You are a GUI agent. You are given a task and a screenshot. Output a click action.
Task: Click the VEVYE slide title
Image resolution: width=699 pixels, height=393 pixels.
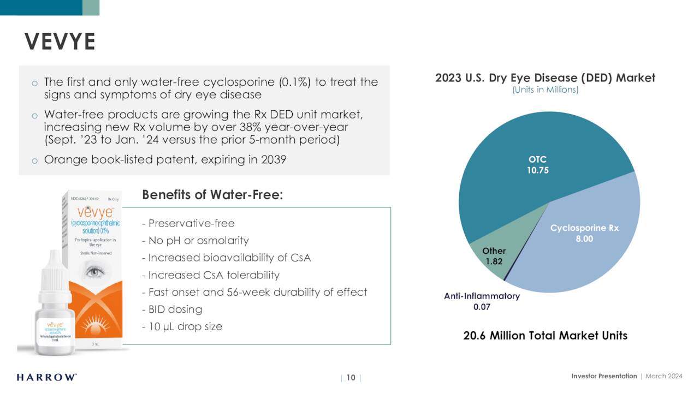pyautogui.click(x=60, y=42)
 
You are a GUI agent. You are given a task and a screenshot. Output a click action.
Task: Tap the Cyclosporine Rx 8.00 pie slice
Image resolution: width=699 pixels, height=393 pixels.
pyautogui.click(x=584, y=240)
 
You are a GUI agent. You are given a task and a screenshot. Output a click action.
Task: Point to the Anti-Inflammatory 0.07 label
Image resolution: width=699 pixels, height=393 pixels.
pyautogui.click(x=482, y=301)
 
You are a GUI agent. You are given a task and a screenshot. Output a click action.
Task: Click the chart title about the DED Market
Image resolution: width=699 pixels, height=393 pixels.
pyautogui.click(x=545, y=78)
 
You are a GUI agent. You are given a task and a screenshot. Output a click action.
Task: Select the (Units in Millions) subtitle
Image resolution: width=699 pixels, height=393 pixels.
pyautogui.click(x=545, y=90)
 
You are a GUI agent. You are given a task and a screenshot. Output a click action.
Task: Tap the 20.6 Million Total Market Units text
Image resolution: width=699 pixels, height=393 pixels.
pyautogui.click(x=545, y=336)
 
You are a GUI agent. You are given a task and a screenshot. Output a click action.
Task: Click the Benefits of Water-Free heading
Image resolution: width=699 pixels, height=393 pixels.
pyautogui.click(x=212, y=195)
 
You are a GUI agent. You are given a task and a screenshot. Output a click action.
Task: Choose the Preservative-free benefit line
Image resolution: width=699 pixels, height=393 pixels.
pyautogui.click(x=188, y=223)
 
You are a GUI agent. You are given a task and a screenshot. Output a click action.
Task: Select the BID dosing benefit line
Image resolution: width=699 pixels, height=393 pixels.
pyautogui.click(x=171, y=309)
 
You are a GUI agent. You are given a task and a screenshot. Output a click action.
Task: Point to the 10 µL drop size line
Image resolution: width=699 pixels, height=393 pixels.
pyautogui.click(x=182, y=326)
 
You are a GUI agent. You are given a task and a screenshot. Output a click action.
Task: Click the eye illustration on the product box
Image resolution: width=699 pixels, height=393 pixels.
pyautogui.click(x=96, y=270)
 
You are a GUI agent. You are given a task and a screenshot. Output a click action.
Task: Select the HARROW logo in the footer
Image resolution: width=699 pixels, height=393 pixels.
pyautogui.click(x=46, y=377)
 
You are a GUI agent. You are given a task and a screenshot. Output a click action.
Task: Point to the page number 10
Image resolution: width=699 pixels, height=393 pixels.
pyautogui.click(x=351, y=378)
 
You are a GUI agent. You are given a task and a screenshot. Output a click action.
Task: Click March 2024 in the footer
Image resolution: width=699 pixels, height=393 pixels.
pyautogui.click(x=664, y=376)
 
